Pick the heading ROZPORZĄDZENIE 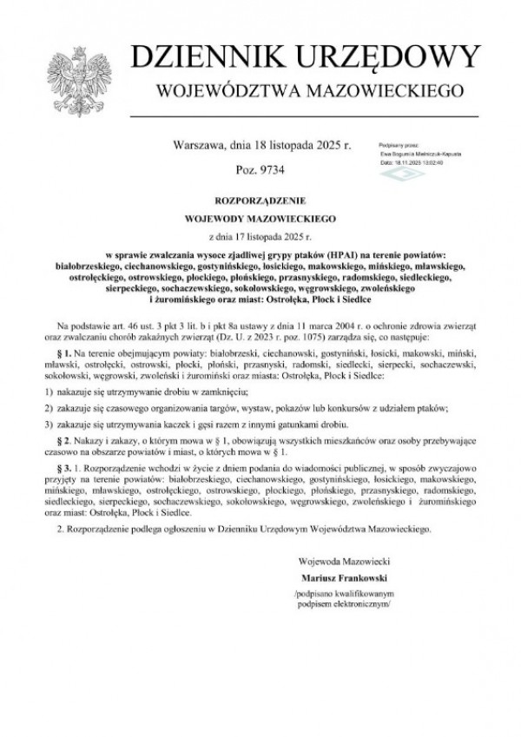click(x=260, y=197)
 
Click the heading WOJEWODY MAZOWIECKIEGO click(x=260, y=216)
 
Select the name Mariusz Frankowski click(x=340, y=576)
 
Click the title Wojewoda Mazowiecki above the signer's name click(x=339, y=560)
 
